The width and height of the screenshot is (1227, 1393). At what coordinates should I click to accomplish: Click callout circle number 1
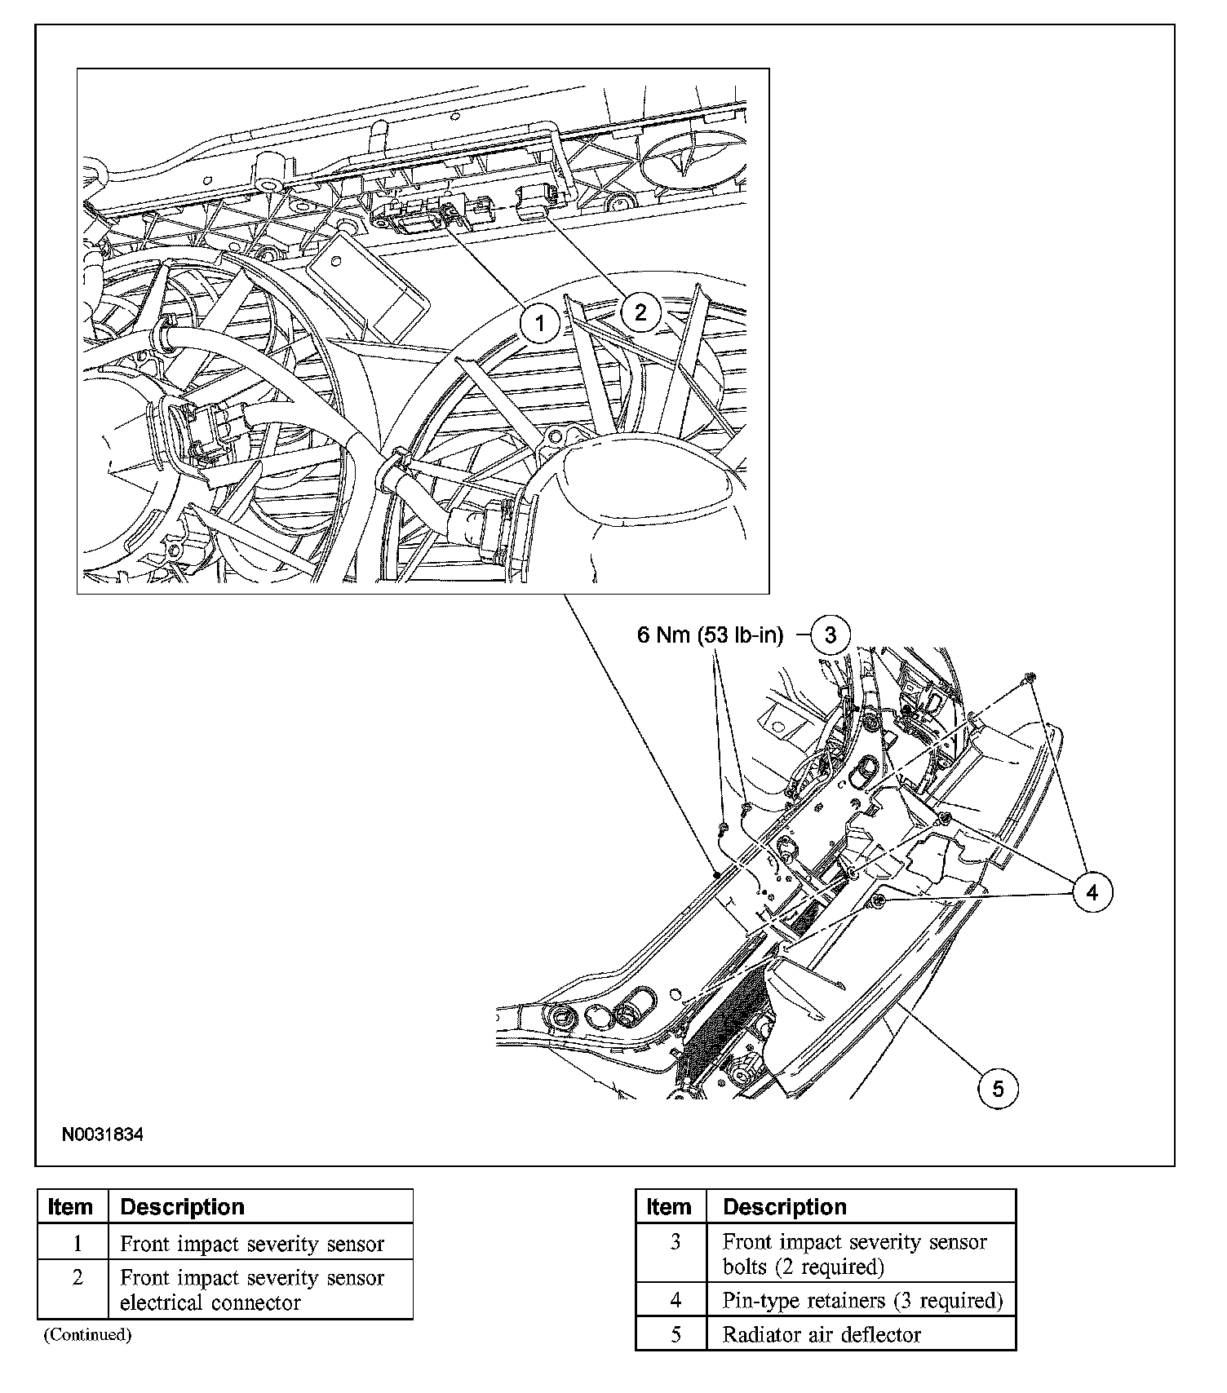point(539,324)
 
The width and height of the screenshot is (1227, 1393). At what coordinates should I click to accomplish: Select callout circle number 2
point(640,312)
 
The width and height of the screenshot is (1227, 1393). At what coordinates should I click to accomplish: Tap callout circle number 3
point(830,635)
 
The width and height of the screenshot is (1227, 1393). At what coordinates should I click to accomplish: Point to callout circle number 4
point(1092,892)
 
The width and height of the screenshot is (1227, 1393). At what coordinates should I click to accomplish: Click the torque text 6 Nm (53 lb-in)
point(710,635)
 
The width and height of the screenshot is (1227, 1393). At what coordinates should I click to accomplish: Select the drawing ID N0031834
point(103,1134)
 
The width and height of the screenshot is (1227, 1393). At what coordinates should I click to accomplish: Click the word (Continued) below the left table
point(87,1334)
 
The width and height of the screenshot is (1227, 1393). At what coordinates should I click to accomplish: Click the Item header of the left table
point(71,1207)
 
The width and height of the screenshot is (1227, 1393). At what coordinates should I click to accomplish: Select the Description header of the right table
point(785,1207)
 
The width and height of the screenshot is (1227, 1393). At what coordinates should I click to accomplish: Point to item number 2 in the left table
point(78,1278)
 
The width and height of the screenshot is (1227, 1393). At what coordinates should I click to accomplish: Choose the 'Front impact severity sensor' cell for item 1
point(252,1244)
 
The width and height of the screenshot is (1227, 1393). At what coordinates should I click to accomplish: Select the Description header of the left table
point(182,1207)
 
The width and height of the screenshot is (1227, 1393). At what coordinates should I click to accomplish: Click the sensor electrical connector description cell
point(252,1289)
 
